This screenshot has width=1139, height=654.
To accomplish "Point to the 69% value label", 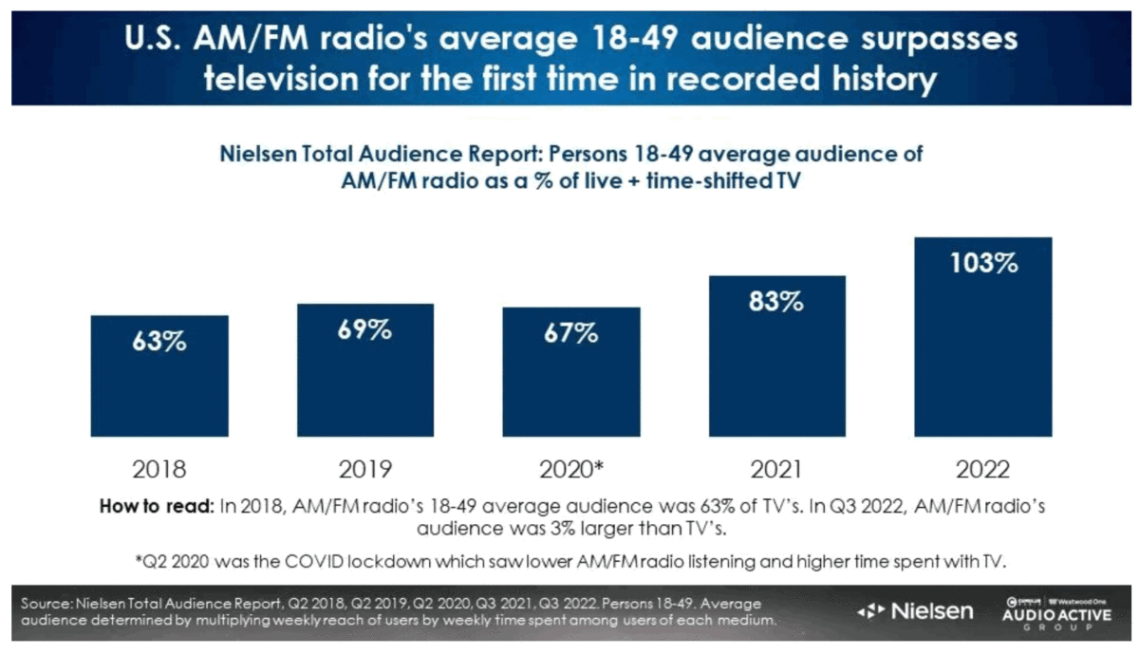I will coord(365,331).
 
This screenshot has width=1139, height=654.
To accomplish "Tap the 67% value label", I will coord(570,334).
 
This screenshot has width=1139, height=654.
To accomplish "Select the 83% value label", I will coord(776,303).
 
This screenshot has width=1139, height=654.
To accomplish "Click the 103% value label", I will coord(983,264).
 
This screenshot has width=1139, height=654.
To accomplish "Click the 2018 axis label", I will coord(159,469).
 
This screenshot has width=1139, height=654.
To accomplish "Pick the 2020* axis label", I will coord(572,469).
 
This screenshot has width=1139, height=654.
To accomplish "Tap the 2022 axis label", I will coord(983,469).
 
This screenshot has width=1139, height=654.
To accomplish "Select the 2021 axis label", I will coord(776,469).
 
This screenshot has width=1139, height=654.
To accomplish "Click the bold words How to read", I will coord(156,506).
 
